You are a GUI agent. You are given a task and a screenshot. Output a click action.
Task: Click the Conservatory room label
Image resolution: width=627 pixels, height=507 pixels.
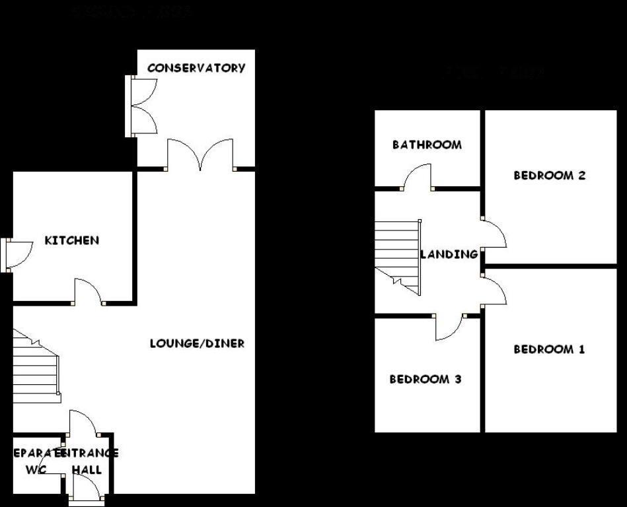[196, 68]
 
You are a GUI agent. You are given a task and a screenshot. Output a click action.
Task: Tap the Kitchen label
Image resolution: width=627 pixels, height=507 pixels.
[72, 240]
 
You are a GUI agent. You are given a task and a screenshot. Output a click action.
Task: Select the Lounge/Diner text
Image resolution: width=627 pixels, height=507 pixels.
[197, 343]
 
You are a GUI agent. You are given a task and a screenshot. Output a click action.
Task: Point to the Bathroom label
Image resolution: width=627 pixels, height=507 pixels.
[427, 145]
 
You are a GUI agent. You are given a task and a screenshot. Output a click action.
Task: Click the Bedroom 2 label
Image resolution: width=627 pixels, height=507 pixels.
[550, 176]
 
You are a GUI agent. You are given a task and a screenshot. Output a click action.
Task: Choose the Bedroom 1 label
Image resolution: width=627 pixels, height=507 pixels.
[549, 349]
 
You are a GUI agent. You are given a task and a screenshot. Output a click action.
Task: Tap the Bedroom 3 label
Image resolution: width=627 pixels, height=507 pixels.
[425, 380]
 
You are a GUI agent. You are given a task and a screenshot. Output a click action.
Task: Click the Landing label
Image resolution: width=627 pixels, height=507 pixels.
[449, 254]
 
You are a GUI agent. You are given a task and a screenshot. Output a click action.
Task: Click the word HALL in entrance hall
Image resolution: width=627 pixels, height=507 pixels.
[87, 470]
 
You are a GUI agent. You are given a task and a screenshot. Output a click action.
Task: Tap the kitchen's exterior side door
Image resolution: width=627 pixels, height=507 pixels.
[18, 255]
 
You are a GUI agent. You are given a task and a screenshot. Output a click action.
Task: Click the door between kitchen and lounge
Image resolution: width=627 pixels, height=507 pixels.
[88, 292]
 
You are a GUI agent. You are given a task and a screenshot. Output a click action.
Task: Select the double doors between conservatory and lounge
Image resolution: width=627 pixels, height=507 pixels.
[200, 156]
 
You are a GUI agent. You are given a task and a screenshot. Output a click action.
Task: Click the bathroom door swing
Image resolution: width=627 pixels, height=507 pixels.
[418, 177]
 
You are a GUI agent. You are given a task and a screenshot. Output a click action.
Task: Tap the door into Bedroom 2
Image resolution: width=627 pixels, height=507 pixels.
[494, 233]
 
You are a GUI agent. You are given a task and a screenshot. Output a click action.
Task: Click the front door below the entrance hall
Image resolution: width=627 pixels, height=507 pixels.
[87, 489]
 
